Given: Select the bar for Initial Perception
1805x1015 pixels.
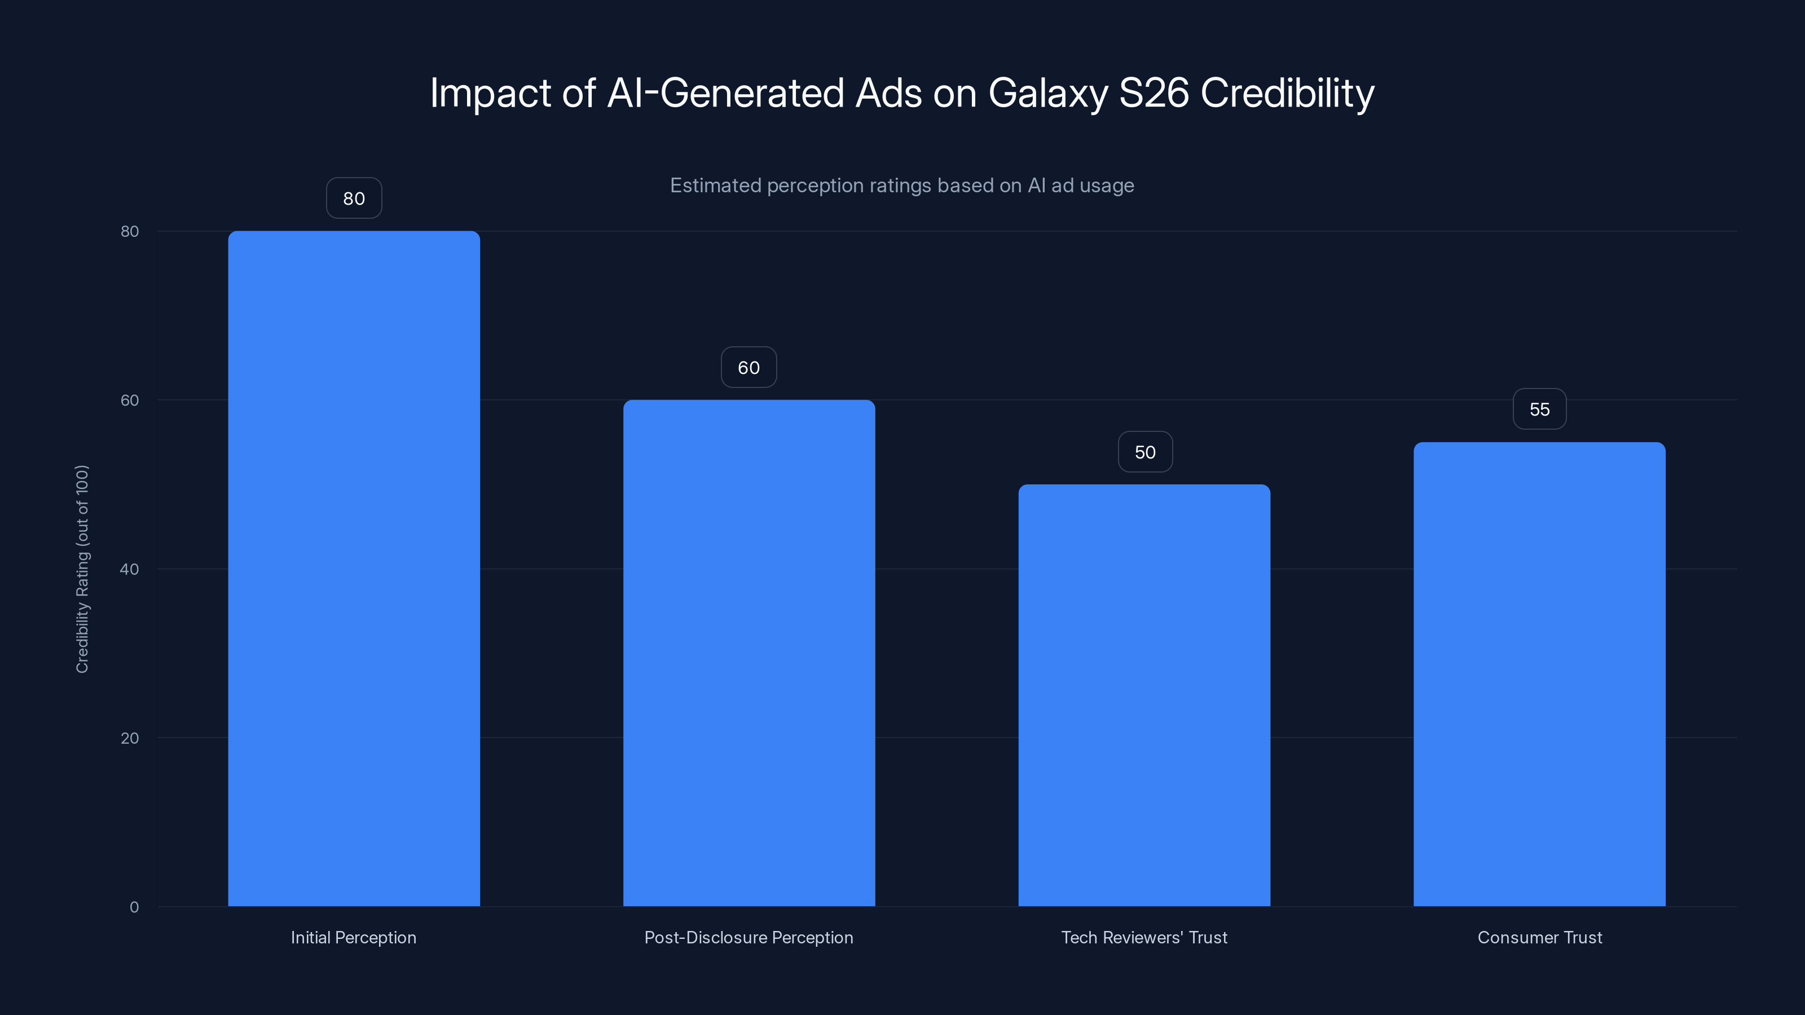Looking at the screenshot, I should [x=354, y=568].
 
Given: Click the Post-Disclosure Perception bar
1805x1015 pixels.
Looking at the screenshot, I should [x=749, y=652].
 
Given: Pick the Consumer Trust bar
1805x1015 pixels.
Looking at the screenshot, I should [x=1539, y=673].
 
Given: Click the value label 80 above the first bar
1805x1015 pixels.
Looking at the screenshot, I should [x=354, y=198].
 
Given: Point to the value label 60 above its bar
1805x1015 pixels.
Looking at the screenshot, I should [x=749, y=367].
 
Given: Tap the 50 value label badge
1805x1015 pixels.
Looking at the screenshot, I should [x=1145, y=452].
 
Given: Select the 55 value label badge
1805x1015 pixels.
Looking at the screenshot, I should [x=1539, y=409].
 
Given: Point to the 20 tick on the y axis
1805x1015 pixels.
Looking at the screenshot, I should [x=130, y=738].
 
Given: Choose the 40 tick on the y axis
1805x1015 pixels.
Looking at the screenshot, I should [x=130, y=569].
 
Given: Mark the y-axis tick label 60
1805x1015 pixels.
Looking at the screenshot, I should [x=130, y=400].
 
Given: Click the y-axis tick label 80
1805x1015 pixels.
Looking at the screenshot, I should [x=130, y=231].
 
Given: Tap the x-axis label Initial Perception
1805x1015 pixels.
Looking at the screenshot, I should [x=353, y=937].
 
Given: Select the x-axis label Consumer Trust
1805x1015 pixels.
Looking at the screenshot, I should [x=1539, y=937].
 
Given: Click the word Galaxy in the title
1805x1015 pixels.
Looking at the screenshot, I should [x=1047, y=93].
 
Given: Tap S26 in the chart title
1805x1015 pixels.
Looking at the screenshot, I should [x=1154, y=93].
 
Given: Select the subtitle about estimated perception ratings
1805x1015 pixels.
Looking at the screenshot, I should [x=902, y=186].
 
